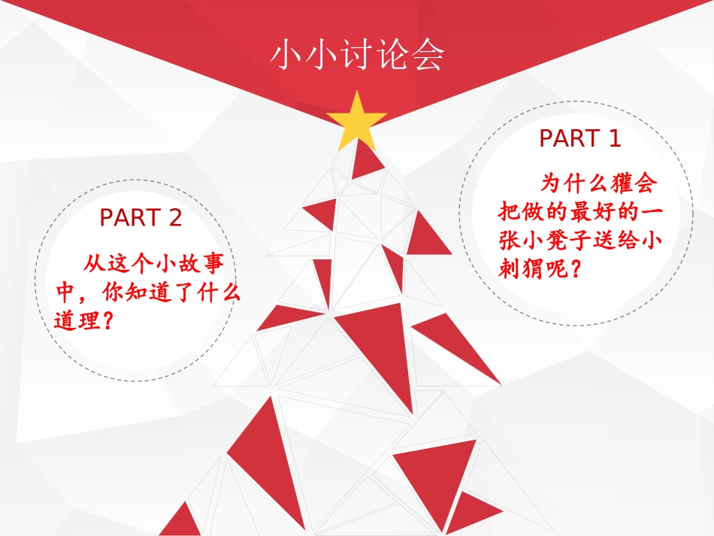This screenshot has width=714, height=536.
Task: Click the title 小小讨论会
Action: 357,56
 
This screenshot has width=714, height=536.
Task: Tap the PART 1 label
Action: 580,138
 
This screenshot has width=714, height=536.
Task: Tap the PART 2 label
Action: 141,218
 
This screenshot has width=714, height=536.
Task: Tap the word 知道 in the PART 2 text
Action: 154,293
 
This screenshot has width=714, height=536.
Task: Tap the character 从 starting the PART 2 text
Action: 95,265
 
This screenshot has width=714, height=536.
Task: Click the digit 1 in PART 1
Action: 614,138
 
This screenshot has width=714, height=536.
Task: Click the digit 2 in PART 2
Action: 174,218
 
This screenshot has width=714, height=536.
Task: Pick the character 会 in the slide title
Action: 428,56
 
